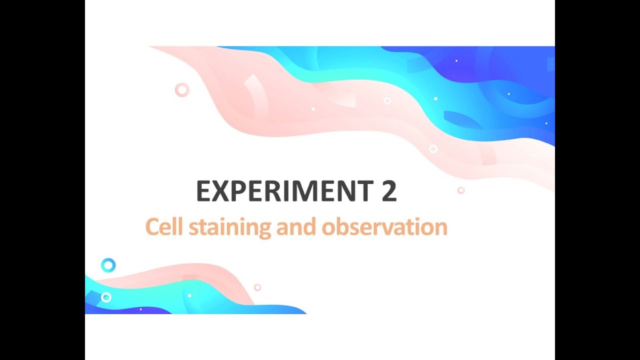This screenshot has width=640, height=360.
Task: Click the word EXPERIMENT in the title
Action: [282, 191]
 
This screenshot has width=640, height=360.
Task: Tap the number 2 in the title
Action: [389, 191]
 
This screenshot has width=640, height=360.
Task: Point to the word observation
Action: [384, 227]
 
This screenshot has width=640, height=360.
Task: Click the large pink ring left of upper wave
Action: [182, 90]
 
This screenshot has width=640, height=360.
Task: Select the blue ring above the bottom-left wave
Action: [108, 265]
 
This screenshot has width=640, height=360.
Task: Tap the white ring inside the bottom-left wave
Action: [106, 297]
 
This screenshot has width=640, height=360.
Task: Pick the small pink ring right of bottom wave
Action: [257, 287]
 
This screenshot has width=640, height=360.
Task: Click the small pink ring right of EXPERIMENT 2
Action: [461, 190]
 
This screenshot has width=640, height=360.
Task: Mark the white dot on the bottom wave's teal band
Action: [189, 295]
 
